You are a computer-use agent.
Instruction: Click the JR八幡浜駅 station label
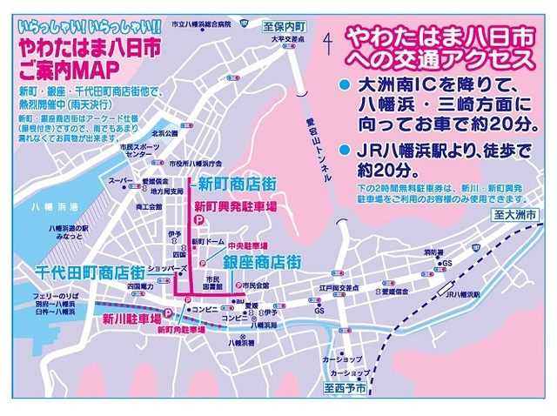pyautogui.click(x=460, y=294)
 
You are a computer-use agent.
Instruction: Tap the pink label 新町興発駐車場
pyautogui.click(x=235, y=207)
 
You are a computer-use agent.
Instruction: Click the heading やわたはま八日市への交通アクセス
pyautogui.click(x=437, y=48)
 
